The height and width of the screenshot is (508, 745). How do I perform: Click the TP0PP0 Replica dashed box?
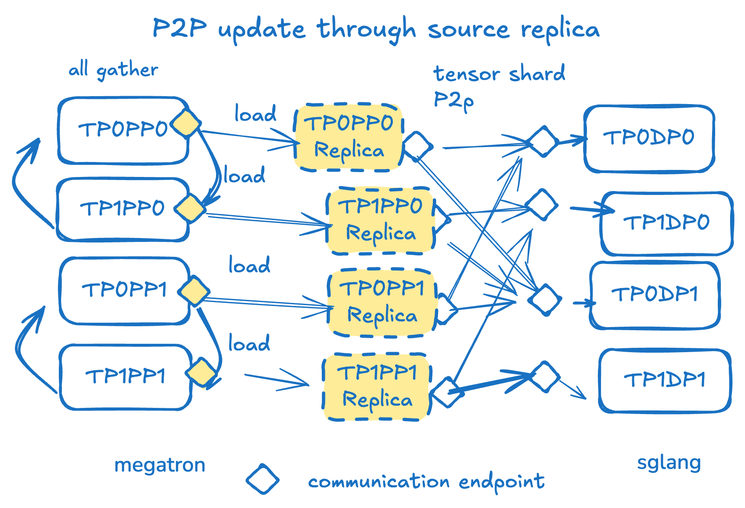click(x=349, y=137)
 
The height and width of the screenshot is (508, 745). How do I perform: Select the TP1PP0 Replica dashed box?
click(x=381, y=220)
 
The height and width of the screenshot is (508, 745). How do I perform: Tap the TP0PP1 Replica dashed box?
click(x=382, y=303)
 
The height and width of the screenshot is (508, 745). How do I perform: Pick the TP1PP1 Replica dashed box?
click(x=377, y=387)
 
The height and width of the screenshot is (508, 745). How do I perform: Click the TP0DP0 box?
click(x=649, y=138)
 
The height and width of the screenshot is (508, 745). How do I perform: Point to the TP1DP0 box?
click(x=666, y=223)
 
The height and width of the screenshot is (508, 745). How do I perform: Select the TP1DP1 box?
click(x=665, y=380)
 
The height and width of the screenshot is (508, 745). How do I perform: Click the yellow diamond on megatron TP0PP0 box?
click(x=186, y=124)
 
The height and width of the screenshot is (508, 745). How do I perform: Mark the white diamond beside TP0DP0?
click(x=543, y=141)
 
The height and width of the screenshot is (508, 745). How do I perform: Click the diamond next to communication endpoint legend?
click(x=263, y=479)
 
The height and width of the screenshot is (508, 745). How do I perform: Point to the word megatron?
click(x=160, y=465)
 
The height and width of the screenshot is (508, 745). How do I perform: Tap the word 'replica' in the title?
click(x=560, y=30)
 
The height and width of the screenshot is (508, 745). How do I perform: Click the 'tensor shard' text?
click(x=499, y=74)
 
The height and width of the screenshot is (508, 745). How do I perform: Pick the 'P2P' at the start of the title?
click(x=180, y=29)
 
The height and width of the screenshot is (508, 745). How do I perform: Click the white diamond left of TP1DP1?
click(x=545, y=376)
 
